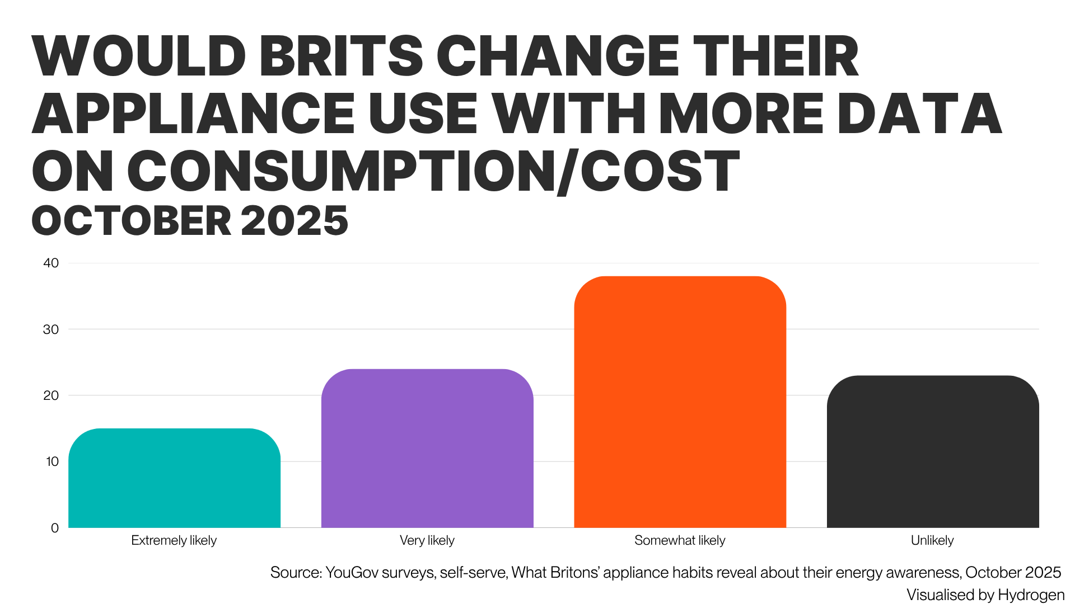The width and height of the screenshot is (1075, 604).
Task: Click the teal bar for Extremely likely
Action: (x=174, y=478)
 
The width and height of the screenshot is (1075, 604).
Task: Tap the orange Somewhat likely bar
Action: (x=680, y=402)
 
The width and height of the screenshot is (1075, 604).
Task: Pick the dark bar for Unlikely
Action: (x=932, y=452)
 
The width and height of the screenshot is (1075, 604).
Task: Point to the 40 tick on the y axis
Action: (x=51, y=263)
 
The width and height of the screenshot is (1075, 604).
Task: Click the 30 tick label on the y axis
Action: (x=51, y=329)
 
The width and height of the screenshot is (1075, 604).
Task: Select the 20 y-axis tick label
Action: (x=51, y=395)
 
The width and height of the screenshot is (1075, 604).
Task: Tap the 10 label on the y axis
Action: (x=52, y=461)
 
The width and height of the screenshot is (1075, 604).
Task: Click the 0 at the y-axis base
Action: (x=54, y=528)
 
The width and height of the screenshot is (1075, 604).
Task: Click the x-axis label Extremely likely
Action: (x=174, y=540)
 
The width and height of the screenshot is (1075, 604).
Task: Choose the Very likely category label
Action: (x=427, y=540)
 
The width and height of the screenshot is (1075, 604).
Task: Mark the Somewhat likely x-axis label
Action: (x=680, y=540)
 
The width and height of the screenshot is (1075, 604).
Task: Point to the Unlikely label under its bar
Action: (x=932, y=540)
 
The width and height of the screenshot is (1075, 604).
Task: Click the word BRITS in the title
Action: (x=341, y=56)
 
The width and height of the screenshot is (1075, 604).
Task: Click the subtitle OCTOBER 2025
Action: (x=190, y=220)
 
